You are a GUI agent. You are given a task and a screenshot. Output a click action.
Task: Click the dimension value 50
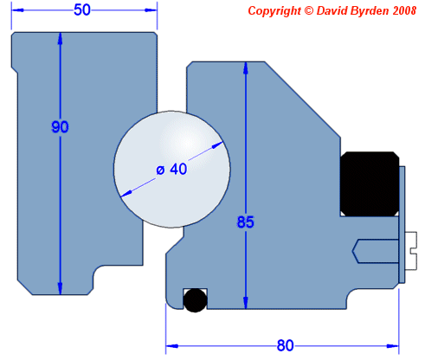click(x=83, y=10)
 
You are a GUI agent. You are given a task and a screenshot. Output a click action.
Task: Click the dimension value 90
click(x=60, y=126)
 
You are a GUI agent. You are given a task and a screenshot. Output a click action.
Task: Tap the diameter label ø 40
click(x=172, y=169)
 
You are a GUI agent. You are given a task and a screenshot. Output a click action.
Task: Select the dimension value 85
click(x=246, y=222)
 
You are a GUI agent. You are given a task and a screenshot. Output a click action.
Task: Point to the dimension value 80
click(x=285, y=345)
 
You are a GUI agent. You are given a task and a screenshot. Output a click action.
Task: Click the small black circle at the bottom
click(x=195, y=299)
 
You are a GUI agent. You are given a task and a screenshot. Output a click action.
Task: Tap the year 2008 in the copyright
click(x=401, y=10)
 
